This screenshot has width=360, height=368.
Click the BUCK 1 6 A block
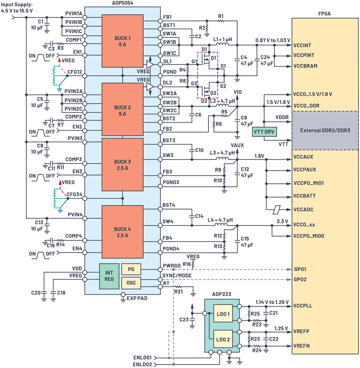pos(122,41)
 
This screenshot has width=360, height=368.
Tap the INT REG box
pos(109,276)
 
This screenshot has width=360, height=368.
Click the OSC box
pos(131,283)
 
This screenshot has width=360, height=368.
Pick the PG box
pos(131,270)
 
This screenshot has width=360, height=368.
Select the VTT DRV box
pos(264,131)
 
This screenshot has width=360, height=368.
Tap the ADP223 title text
pos(222,294)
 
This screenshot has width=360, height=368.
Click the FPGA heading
pos(324,14)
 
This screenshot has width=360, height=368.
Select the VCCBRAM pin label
pos(305,66)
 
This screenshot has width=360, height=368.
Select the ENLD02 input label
pos(142,364)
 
